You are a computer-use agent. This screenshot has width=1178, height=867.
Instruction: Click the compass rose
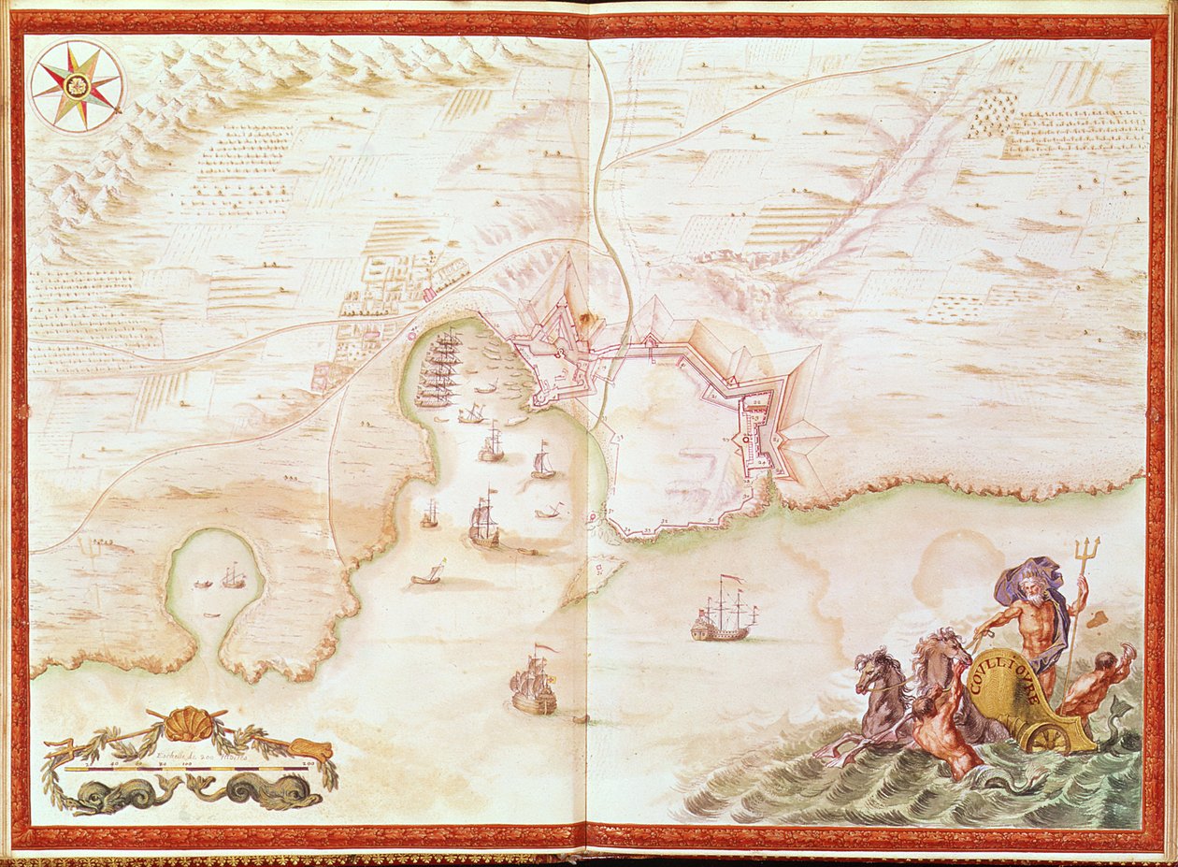pyautogui.click(x=77, y=85)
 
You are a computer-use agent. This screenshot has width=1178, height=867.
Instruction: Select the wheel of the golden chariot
pyautogui.click(x=1050, y=738)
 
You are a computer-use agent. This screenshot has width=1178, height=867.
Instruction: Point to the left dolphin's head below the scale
pyautogui.click(x=90, y=796)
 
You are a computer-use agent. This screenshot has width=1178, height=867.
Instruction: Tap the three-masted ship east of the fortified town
pyautogui.click(x=724, y=613)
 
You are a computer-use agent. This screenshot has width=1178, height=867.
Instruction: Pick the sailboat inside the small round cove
pyautogui.click(x=234, y=579)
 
